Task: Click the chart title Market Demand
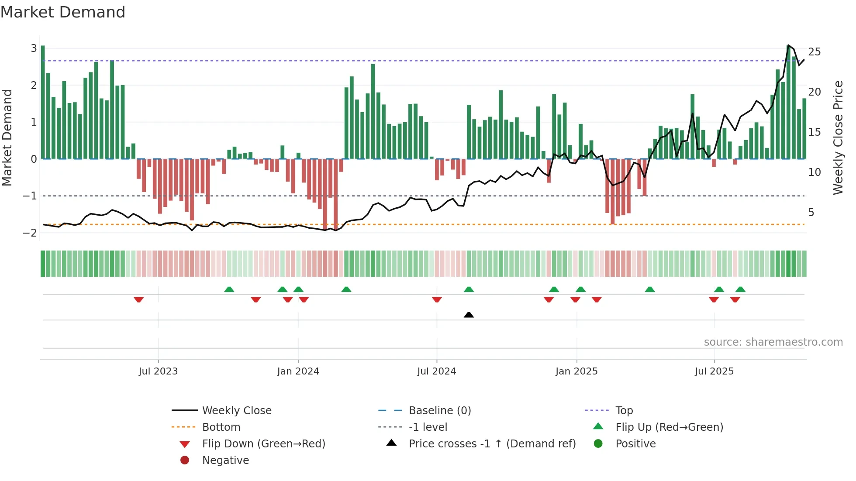63,12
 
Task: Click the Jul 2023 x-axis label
158,371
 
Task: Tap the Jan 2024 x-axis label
298,371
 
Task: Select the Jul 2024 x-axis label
436,371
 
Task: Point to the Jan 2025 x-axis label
576,371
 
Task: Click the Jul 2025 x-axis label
714,371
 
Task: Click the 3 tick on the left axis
34,48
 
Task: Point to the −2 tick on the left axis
30,233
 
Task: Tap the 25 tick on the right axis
814,52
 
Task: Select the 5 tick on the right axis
811,213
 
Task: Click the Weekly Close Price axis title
838,137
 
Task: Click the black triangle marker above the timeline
469,315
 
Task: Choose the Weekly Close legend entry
236,411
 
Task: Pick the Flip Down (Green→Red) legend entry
263,444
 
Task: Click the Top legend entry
624,411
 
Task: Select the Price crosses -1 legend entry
492,444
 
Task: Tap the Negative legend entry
225,460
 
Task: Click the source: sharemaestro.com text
773,342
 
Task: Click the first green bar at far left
43,102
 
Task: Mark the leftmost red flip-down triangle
138,299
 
